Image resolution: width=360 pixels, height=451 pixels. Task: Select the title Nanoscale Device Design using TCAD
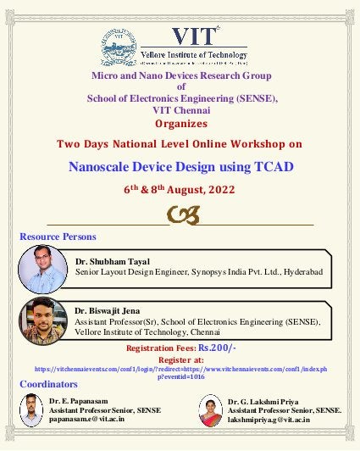pos(180,166)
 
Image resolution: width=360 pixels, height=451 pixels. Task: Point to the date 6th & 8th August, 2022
pos(180,190)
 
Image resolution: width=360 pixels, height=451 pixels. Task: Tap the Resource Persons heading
pos(58,237)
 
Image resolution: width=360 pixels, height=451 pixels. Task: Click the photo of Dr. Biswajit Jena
pos(39,319)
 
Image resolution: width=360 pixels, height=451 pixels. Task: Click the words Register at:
pos(180,359)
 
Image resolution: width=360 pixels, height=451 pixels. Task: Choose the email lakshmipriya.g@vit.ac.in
pos(269,420)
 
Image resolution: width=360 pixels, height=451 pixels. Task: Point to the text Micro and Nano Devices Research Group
pos(180,76)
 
